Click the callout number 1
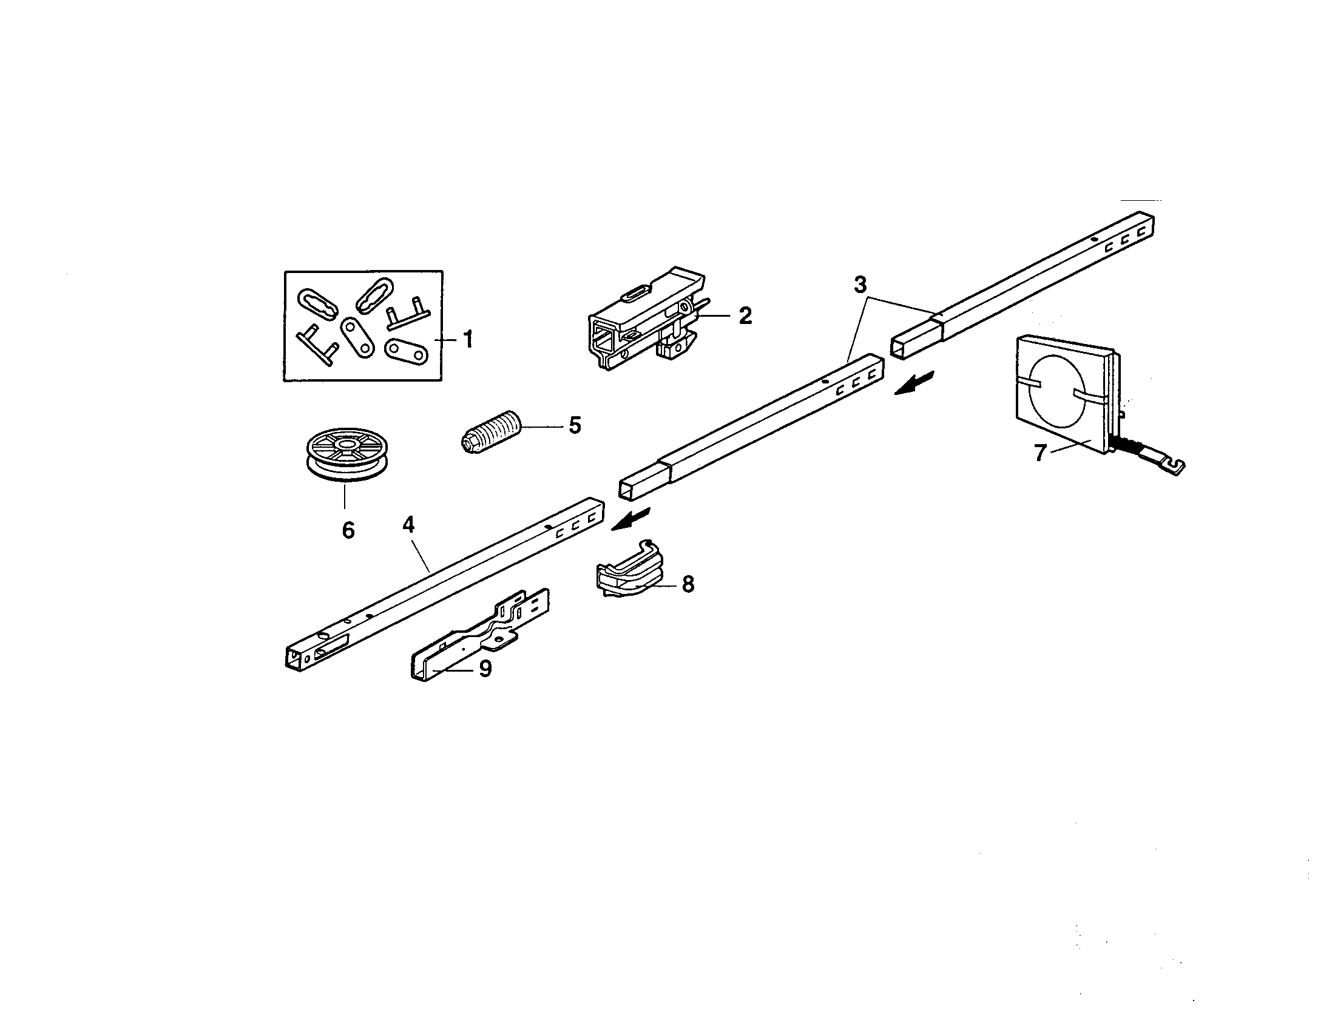coord(468,340)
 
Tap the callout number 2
coord(745,316)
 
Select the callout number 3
coord(860,285)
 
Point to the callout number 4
coord(408,524)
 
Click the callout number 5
coord(575,425)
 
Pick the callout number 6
coord(348,530)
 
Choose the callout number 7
coord(1039,453)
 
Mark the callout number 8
coord(688,584)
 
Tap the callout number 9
coord(485,669)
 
